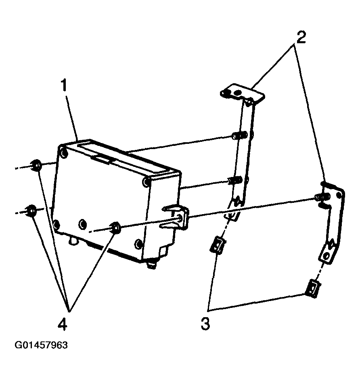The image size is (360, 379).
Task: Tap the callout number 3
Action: pyautogui.click(x=205, y=324)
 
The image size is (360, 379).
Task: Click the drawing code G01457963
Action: pyautogui.click(x=41, y=345)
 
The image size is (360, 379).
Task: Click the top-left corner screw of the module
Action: pyautogui.click(x=64, y=153)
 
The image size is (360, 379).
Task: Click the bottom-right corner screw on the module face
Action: pyautogui.click(x=138, y=243)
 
